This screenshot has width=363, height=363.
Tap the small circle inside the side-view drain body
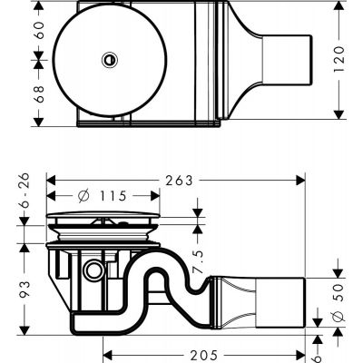pos(92,270)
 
